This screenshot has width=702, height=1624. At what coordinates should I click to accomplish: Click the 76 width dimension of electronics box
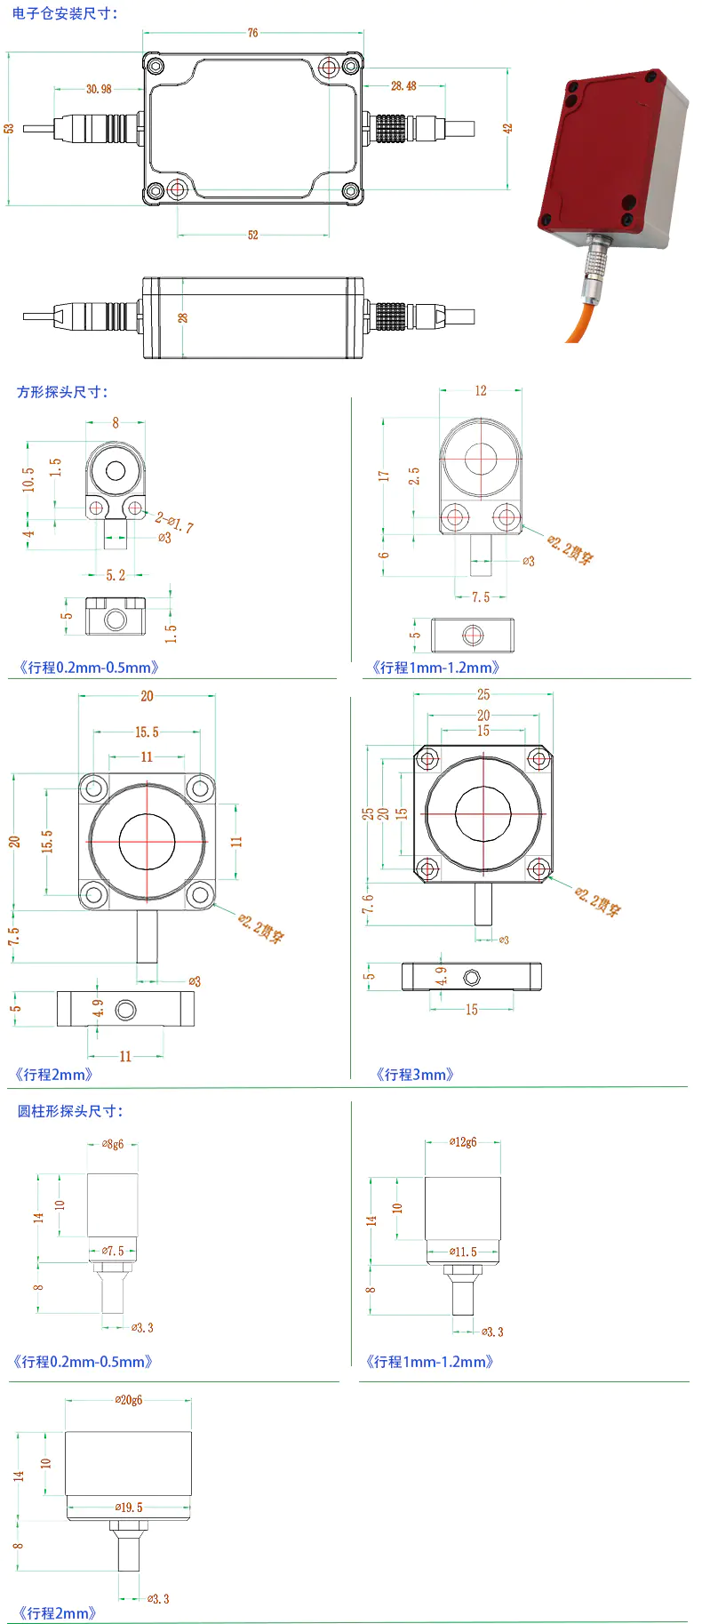(253, 33)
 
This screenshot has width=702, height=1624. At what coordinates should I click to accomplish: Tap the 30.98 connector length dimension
(99, 89)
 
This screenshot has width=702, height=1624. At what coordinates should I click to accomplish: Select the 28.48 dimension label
(403, 86)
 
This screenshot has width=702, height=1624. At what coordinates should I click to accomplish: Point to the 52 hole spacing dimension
(253, 235)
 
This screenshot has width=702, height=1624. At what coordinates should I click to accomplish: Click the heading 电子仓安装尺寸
(65, 13)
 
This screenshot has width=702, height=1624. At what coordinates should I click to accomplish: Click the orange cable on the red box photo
(581, 320)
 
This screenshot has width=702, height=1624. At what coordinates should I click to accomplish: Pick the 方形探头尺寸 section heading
(62, 392)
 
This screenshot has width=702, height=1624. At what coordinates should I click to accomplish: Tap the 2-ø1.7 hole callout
(174, 523)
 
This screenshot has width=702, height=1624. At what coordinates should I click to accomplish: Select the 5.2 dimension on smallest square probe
(116, 575)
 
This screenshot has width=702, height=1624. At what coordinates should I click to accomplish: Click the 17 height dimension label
(384, 476)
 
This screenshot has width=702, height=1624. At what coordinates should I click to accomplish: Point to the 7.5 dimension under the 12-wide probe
(481, 597)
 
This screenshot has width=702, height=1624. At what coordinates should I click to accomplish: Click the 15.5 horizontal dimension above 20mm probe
(147, 732)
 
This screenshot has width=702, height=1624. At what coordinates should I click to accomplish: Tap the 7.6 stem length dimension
(369, 904)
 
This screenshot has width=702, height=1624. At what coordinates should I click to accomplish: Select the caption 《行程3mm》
(415, 1075)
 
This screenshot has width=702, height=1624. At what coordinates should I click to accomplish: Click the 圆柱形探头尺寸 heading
(70, 1111)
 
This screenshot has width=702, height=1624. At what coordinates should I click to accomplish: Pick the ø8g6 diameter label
(113, 1145)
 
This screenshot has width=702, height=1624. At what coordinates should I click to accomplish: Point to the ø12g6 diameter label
(463, 1142)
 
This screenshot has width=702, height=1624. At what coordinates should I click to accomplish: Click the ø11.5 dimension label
(463, 1252)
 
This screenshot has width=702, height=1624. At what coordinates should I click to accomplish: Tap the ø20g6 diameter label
(129, 1400)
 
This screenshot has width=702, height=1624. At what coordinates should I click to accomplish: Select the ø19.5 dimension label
(129, 1508)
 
